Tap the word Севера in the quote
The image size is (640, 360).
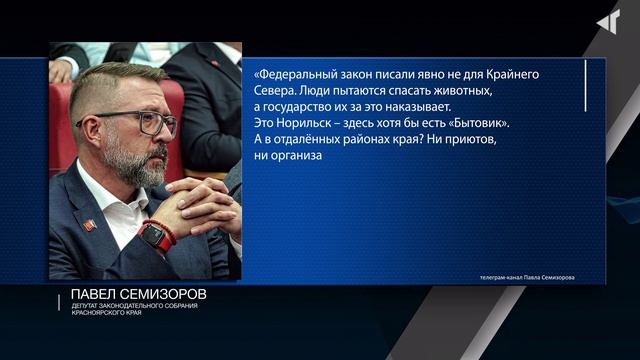point(274,90)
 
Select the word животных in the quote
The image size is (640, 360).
point(467,90)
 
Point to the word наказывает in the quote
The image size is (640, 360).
point(418,107)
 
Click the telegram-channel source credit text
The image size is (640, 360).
point(527,277)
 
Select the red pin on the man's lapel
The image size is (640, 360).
point(88,226)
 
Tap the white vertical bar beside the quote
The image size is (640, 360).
point(585,73)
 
